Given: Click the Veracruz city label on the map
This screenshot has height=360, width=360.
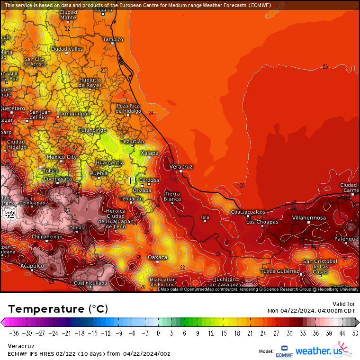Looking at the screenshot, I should [181, 167].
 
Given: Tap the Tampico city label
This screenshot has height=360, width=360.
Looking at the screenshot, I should [113, 39].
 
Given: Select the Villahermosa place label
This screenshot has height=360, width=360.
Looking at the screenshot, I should [309, 218].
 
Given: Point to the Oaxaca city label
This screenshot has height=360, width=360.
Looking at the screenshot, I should [158, 257].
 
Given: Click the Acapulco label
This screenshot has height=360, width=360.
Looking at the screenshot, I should [32, 266].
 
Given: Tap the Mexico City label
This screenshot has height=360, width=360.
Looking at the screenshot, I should [62, 157].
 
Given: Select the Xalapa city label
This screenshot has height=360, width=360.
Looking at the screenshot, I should [150, 153].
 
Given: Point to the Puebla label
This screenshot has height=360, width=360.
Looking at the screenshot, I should [99, 173].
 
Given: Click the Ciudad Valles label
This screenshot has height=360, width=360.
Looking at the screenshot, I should [67, 49].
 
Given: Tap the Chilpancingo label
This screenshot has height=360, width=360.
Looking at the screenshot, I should [47, 236].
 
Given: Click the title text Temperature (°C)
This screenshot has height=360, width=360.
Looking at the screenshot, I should [58, 309].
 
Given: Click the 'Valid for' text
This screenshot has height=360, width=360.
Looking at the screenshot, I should [344, 304].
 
